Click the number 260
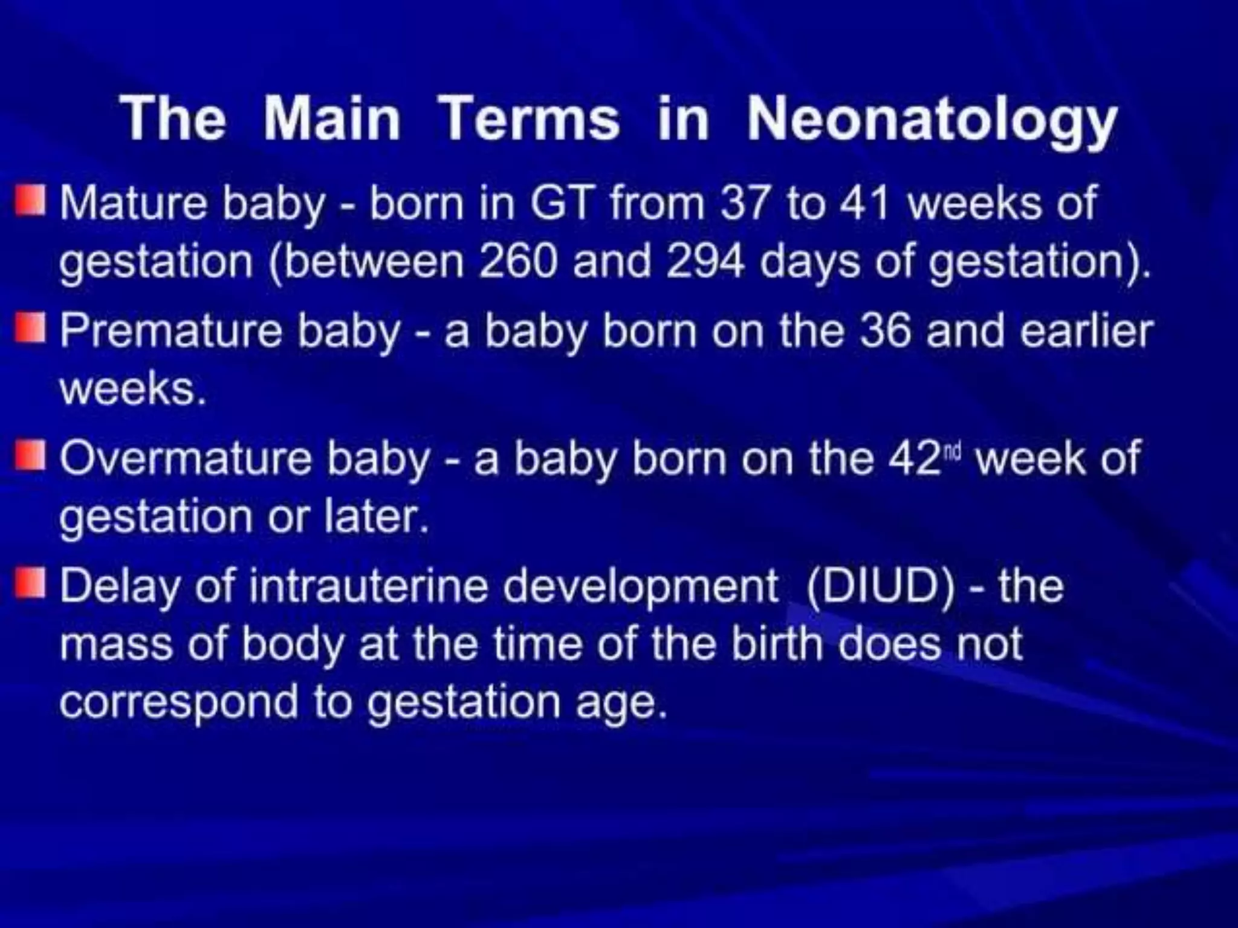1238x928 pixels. (517, 262)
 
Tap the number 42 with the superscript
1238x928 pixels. (917, 458)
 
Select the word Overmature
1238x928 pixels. (185, 458)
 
